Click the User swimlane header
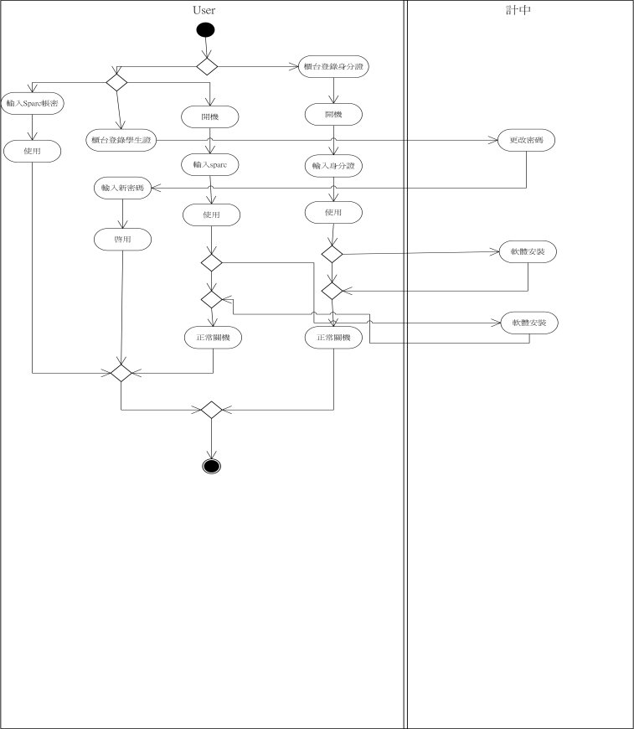[203, 10]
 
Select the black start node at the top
[205, 30]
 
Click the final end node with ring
[211, 466]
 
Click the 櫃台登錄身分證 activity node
[334, 66]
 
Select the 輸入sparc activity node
[211, 164]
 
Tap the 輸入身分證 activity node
[332, 166]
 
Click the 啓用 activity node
[122, 239]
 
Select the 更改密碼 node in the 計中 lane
[526, 138]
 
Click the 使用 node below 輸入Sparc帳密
[33, 151]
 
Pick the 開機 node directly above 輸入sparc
[210, 116]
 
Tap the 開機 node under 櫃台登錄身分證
[334, 113]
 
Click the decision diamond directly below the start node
[206, 65]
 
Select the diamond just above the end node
[210, 410]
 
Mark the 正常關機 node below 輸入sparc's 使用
[213, 338]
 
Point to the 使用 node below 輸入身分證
[332, 213]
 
